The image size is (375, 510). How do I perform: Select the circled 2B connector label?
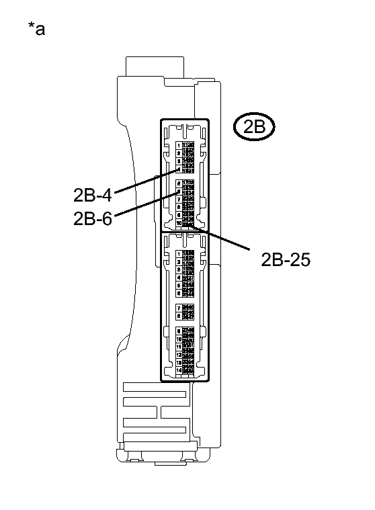point(254,128)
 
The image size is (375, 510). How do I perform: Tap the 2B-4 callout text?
point(92,195)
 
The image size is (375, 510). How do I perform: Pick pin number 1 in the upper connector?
point(178,144)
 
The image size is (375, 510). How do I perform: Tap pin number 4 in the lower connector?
point(178,278)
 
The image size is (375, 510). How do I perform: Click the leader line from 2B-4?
point(144,181)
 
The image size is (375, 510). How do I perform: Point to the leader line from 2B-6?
point(144,204)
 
